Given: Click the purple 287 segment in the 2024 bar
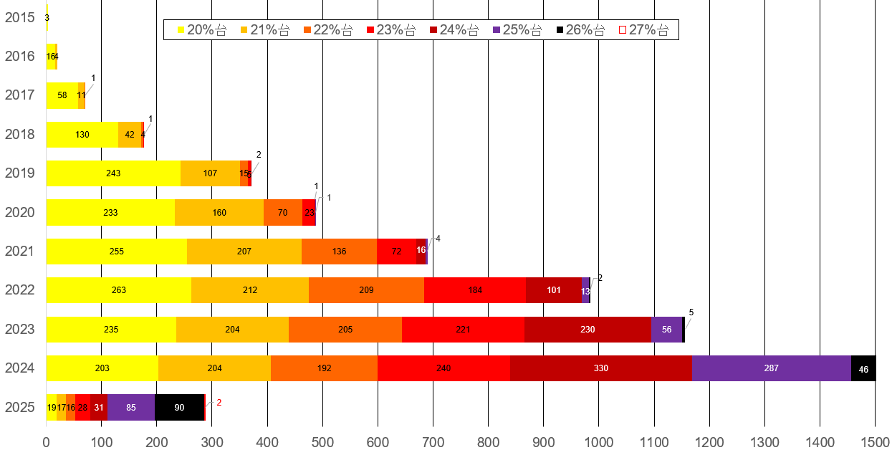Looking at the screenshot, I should point(771,368).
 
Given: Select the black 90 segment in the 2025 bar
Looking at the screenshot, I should point(179,407).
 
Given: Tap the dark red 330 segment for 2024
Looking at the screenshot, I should point(600,368).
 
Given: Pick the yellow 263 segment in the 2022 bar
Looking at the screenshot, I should point(119,290).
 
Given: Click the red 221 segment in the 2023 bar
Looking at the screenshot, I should point(463,330).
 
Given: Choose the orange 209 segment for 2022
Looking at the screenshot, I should point(366,290).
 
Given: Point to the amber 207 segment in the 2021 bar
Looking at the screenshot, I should point(244,252).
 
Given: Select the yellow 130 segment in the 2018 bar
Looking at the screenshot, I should point(82,135).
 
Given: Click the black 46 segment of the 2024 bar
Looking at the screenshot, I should point(863,368).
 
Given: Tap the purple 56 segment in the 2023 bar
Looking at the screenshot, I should point(666,330).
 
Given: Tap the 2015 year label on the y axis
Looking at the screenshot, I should point(20,17).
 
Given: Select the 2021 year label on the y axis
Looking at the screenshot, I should point(20,252).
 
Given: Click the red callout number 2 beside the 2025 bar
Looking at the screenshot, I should point(219,403).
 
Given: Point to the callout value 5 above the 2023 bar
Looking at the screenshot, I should point(691,312).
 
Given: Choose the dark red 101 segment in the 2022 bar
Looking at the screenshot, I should point(553,290).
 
